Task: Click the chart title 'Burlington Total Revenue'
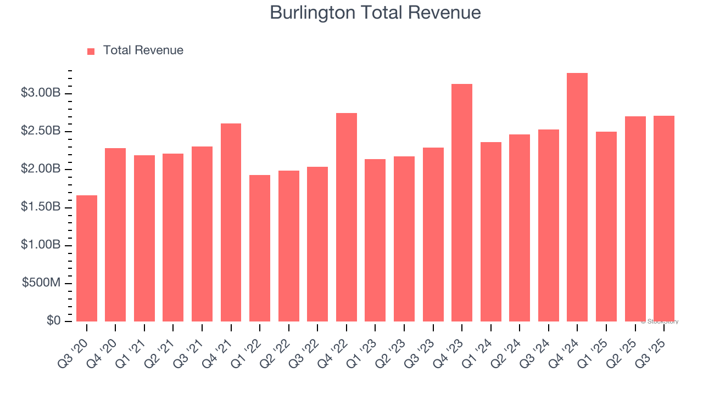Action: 375,13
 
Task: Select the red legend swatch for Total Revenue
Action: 91,51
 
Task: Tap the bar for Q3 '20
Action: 87,258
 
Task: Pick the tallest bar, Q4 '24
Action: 577,198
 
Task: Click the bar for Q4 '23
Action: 462,203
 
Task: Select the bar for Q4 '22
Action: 347,217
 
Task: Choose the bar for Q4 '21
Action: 231,222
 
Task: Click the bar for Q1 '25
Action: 606,227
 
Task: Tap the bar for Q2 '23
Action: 404,239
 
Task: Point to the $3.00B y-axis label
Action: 41,93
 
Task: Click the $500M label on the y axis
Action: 41,283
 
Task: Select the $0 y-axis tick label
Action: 53,321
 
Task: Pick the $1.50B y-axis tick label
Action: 41,207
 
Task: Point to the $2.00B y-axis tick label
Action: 41,169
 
